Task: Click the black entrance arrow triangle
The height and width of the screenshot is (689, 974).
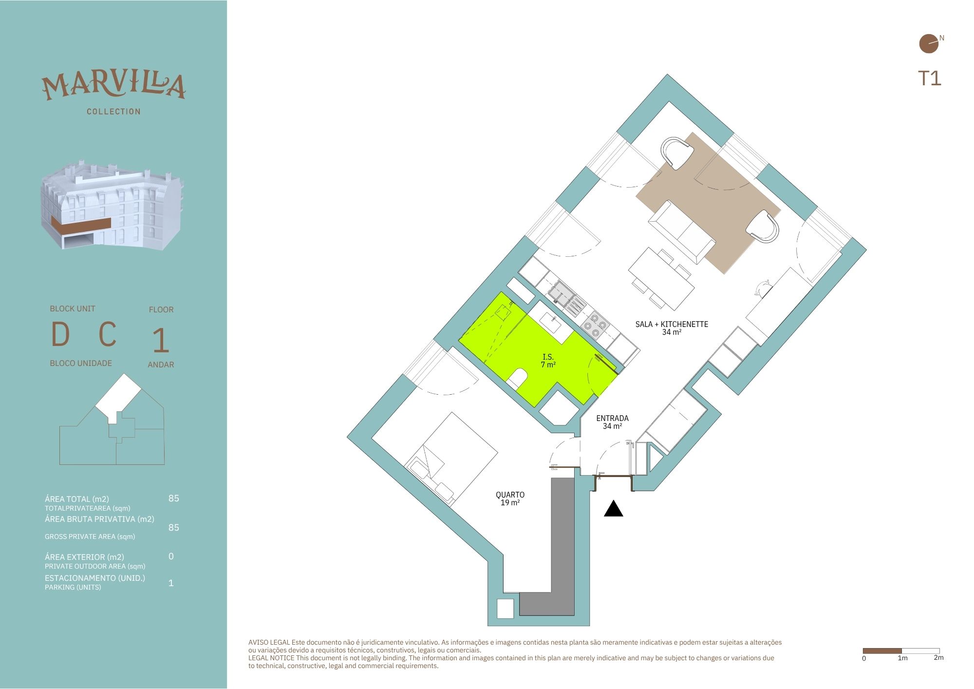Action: [x=614, y=509]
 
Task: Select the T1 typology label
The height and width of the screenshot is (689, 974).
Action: [x=930, y=78]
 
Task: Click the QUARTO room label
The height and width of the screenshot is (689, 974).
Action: [x=510, y=495]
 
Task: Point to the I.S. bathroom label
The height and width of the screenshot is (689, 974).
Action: [x=548, y=357]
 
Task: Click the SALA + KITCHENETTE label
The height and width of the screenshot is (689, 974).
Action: [x=672, y=324]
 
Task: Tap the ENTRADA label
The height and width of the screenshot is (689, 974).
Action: [x=612, y=418]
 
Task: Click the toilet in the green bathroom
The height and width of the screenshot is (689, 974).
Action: [x=517, y=379]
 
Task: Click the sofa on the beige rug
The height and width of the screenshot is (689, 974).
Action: [x=682, y=231]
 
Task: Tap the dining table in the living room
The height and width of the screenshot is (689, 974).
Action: [x=661, y=279]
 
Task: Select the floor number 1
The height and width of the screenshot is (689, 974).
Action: [x=161, y=341]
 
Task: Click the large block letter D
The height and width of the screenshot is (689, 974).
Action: [x=60, y=334]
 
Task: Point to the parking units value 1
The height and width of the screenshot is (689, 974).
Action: [x=171, y=583]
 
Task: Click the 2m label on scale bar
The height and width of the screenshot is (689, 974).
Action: [x=938, y=658]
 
